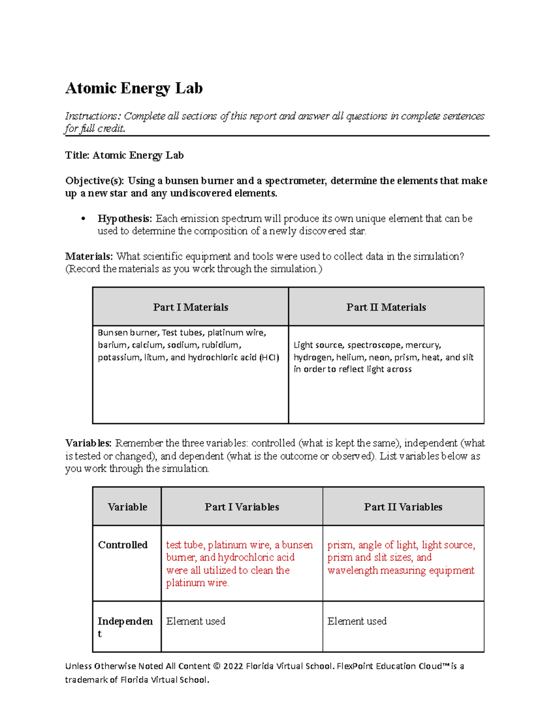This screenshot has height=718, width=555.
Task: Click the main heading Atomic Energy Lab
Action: tap(134, 88)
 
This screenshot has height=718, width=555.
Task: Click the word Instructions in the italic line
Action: tap(91, 116)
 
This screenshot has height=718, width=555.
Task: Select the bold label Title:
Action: tap(77, 155)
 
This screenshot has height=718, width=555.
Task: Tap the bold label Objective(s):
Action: tap(95, 181)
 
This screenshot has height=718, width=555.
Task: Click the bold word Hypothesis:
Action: tap(124, 219)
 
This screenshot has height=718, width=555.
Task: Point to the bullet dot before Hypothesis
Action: tap(83, 219)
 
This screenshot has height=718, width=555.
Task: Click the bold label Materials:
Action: tap(89, 257)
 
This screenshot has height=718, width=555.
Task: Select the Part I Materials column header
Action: tap(191, 307)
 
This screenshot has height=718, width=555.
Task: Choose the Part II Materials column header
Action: tap(386, 307)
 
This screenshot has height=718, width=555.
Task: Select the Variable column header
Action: tap(127, 507)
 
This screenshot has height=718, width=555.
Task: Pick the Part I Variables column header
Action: tap(242, 507)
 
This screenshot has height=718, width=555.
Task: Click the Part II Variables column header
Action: tap(403, 507)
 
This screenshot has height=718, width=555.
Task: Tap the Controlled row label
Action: tap(123, 545)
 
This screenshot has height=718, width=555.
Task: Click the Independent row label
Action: tap(125, 622)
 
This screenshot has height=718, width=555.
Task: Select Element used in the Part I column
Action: tap(196, 621)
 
